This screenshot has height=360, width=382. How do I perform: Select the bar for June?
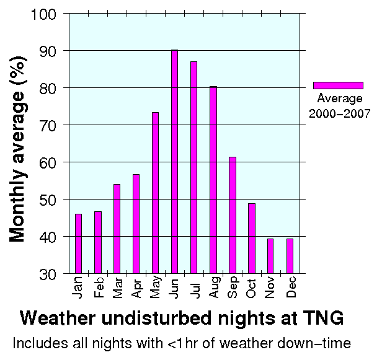point(174,161)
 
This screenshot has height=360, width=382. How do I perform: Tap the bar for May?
point(155,193)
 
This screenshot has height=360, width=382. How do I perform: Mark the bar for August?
point(213,180)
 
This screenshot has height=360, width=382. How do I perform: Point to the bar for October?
point(251,238)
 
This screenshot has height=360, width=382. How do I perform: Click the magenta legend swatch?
point(337,86)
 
